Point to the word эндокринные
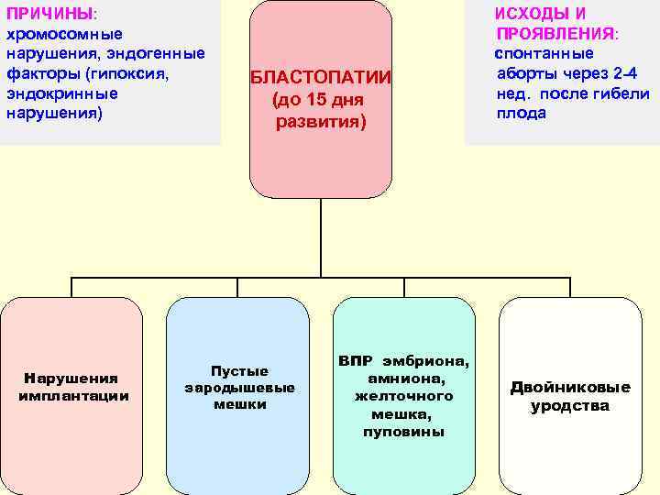tap(61, 93)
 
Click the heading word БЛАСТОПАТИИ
tap(321, 79)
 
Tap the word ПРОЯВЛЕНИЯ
tap(555, 33)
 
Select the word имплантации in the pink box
tap(73, 395)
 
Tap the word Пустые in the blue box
tap(239, 370)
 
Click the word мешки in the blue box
tap(239, 403)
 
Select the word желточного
tap(403, 396)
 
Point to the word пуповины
tap(403, 431)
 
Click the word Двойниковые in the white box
tap(570, 387)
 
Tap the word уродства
tap(569, 405)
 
